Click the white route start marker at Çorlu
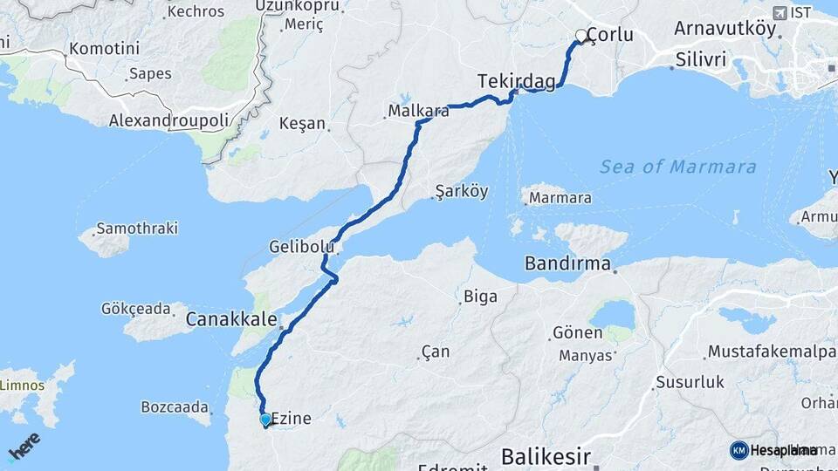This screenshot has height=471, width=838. pyautogui.click(x=580, y=37)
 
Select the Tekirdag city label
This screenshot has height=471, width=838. pyautogui.click(x=516, y=81)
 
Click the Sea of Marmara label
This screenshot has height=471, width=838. pyautogui.click(x=678, y=167)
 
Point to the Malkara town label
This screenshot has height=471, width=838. pyautogui.click(x=418, y=111)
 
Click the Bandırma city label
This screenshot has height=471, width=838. pyautogui.click(x=567, y=263)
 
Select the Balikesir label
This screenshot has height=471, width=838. pyautogui.click(x=546, y=456)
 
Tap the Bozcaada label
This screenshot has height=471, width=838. pyautogui.click(x=175, y=406)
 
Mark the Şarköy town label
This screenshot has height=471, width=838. pyautogui.click(x=461, y=191)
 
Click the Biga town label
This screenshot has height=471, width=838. pyautogui.click(x=480, y=297)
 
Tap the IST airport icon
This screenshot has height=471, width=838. pyautogui.click(x=780, y=12)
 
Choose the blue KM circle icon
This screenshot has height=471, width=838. pyautogui.click(x=738, y=450)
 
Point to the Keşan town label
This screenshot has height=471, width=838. pyautogui.click(x=302, y=124)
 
